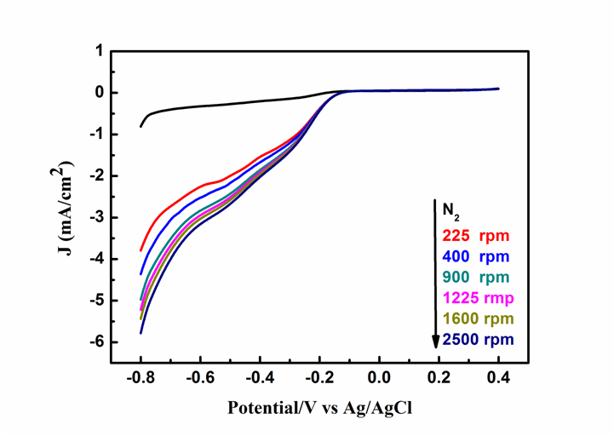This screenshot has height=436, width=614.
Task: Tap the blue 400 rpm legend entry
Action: [474, 255]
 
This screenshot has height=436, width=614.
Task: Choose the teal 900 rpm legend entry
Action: [474, 277]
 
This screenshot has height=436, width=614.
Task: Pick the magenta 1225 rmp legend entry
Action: [478, 298]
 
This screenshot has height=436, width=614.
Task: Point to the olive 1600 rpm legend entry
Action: [478, 319]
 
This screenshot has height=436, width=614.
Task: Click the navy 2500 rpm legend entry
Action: [478, 341]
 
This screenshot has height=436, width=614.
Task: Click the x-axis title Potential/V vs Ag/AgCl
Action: [319, 407]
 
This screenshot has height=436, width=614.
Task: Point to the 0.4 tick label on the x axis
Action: [498, 376]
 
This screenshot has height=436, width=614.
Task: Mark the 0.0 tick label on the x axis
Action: [379, 376]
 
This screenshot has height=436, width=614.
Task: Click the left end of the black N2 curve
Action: [141, 127]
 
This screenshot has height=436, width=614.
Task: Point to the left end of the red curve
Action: [141, 250]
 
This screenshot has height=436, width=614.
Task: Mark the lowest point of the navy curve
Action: [141, 333]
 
